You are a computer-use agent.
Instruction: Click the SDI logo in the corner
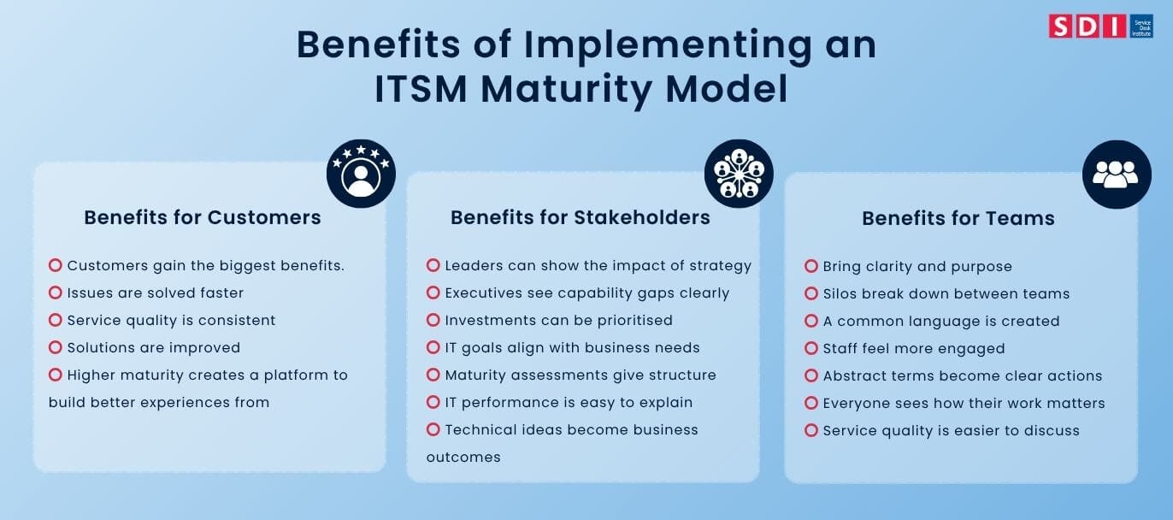(1100, 26)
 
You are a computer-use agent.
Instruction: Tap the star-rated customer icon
(361, 174)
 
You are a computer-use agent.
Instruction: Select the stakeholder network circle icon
(739, 174)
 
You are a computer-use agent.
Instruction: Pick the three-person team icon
(1117, 174)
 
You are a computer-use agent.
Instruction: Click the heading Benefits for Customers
(203, 217)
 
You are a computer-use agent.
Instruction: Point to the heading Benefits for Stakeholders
(581, 217)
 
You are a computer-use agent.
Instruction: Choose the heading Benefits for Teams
(958, 219)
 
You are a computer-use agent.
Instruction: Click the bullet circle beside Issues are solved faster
(56, 292)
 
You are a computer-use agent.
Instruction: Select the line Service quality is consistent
(171, 320)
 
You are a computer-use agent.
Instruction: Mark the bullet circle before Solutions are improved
(56, 347)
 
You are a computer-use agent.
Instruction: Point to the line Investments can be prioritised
(558, 320)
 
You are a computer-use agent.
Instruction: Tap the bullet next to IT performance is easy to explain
(433, 402)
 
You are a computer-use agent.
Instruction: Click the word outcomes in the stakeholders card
(463, 457)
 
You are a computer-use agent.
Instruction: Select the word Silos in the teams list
(841, 293)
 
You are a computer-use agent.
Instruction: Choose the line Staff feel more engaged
(913, 348)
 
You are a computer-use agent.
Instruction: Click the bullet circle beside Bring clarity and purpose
(811, 266)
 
